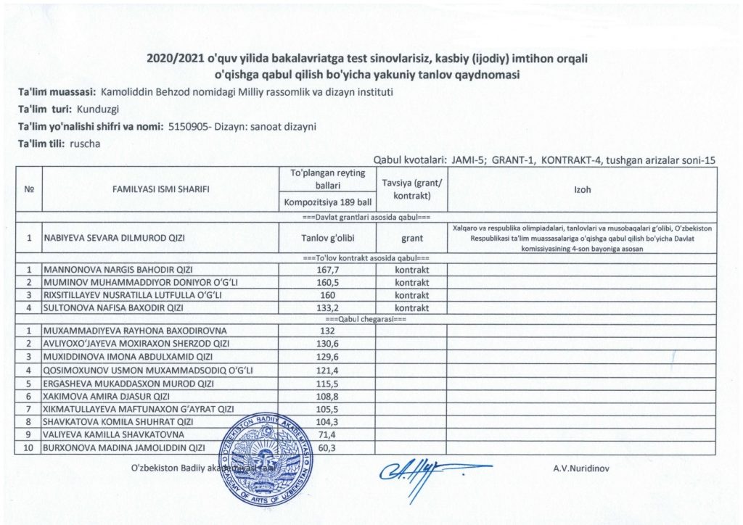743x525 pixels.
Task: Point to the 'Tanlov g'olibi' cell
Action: [x=327, y=237]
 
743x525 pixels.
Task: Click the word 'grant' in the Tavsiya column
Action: [x=411, y=237]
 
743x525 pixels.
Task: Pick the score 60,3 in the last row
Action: [x=329, y=447]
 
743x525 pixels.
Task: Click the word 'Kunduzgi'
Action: [x=97, y=110]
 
